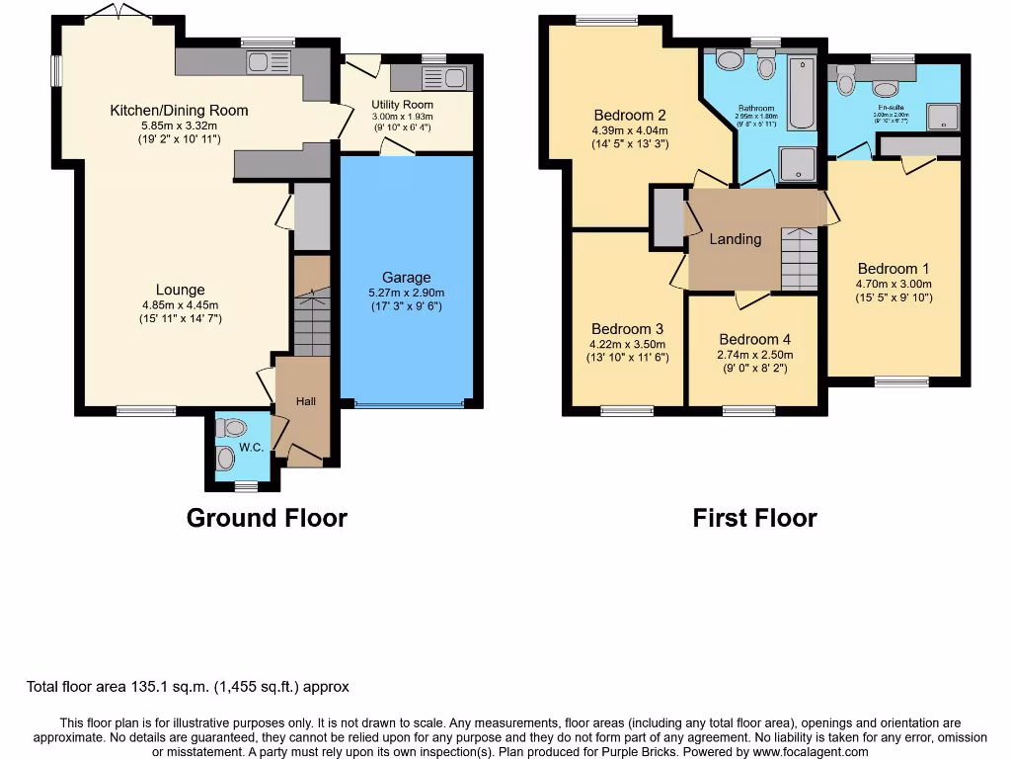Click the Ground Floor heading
(x=267, y=517)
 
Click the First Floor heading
(x=754, y=517)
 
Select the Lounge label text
(x=180, y=290)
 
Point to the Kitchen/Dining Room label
(x=179, y=110)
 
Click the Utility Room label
(x=402, y=104)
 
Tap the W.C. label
(x=251, y=448)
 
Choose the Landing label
(x=736, y=239)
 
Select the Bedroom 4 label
(x=754, y=338)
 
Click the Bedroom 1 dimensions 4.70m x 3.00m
(x=894, y=284)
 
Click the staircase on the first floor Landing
(x=800, y=259)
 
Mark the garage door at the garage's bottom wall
(x=410, y=403)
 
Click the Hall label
(x=307, y=401)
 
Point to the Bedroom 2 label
(x=630, y=115)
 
